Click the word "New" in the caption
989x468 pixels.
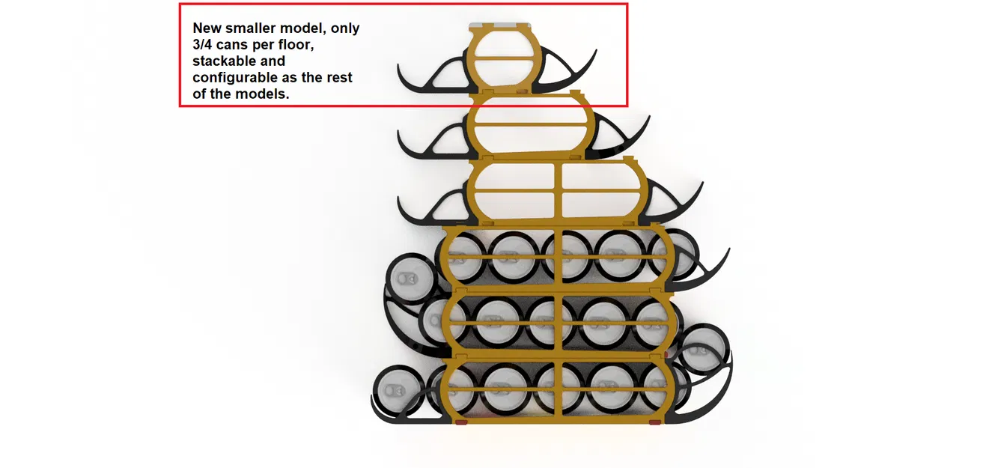[207, 28]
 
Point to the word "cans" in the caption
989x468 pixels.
[232, 45]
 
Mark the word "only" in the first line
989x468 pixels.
[345, 28]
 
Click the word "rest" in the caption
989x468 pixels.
[340, 78]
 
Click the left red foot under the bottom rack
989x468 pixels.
[461, 422]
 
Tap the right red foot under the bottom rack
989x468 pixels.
[655, 422]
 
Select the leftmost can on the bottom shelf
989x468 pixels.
[399, 390]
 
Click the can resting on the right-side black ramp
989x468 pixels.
[703, 349]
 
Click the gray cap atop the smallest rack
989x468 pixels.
[500, 25]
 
